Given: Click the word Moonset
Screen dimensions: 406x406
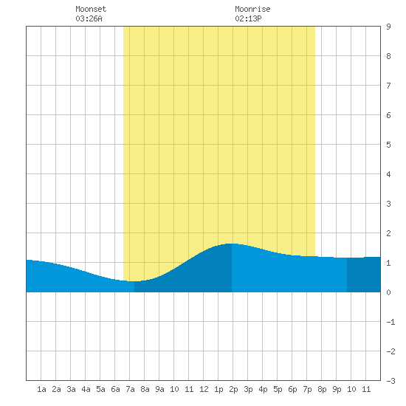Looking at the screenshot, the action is pyautogui.click(x=91, y=9).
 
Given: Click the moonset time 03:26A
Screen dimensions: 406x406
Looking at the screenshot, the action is pyautogui.click(x=89, y=18).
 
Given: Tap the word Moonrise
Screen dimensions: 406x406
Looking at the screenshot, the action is pyautogui.click(x=252, y=9).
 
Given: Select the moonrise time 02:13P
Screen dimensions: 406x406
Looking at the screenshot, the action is pyautogui.click(x=248, y=18).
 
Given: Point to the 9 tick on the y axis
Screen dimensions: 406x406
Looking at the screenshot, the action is pyautogui.click(x=388, y=27).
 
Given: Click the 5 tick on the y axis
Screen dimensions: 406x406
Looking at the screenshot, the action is pyautogui.click(x=388, y=145).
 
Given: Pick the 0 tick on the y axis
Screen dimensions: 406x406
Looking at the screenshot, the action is pyautogui.click(x=388, y=292).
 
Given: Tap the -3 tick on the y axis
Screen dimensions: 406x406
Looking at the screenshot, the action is pyautogui.click(x=390, y=381).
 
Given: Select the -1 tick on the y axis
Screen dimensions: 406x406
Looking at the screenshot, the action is pyautogui.click(x=390, y=322).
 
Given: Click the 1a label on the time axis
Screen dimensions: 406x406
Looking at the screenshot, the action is pyautogui.click(x=41, y=389).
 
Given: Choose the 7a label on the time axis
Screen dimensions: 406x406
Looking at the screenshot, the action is pyautogui.click(x=130, y=389).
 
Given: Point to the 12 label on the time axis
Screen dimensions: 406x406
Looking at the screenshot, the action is pyautogui.click(x=204, y=389).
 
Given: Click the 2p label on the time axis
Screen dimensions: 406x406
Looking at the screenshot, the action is pyautogui.click(x=233, y=389).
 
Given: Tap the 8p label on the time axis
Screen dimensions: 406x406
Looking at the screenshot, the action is pyautogui.click(x=322, y=389).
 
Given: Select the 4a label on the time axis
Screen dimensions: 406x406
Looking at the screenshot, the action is pyautogui.click(x=86, y=389).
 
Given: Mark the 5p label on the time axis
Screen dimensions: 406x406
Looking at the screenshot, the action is pyautogui.click(x=278, y=389).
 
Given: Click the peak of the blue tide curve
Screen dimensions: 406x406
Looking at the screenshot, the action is pyautogui.click(x=231, y=244).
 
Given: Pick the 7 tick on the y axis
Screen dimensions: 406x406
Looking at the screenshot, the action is pyautogui.click(x=388, y=86).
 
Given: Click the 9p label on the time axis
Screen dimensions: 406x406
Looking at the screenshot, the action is pyautogui.click(x=337, y=389).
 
